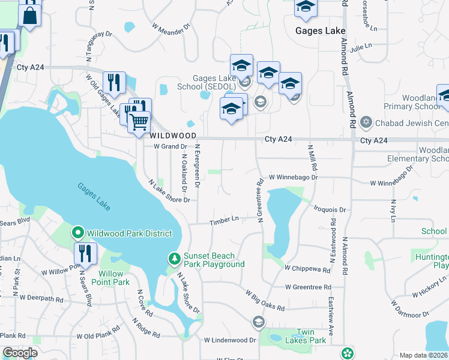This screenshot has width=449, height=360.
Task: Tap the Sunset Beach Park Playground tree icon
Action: pyautogui.click(x=174, y=259)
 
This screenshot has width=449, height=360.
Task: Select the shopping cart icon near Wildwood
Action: pyautogui.click(x=139, y=122)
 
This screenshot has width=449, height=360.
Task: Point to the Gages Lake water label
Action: pyautogui.click(x=94, y=196)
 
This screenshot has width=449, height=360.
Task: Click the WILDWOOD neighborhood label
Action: pyautogui.click(x=166, y=136)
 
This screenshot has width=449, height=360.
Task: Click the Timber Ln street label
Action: pyautogui.click(x=224, y=221)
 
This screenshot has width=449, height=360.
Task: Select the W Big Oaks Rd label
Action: pyautogui.click(x=265, y=299)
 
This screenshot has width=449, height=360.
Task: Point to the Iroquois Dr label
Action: pyautogui.click(x=330, y=210)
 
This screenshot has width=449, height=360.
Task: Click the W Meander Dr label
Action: pyautogui.click(x=171, y=28)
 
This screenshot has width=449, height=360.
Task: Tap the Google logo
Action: pyautogui.click(x=20, y=353)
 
